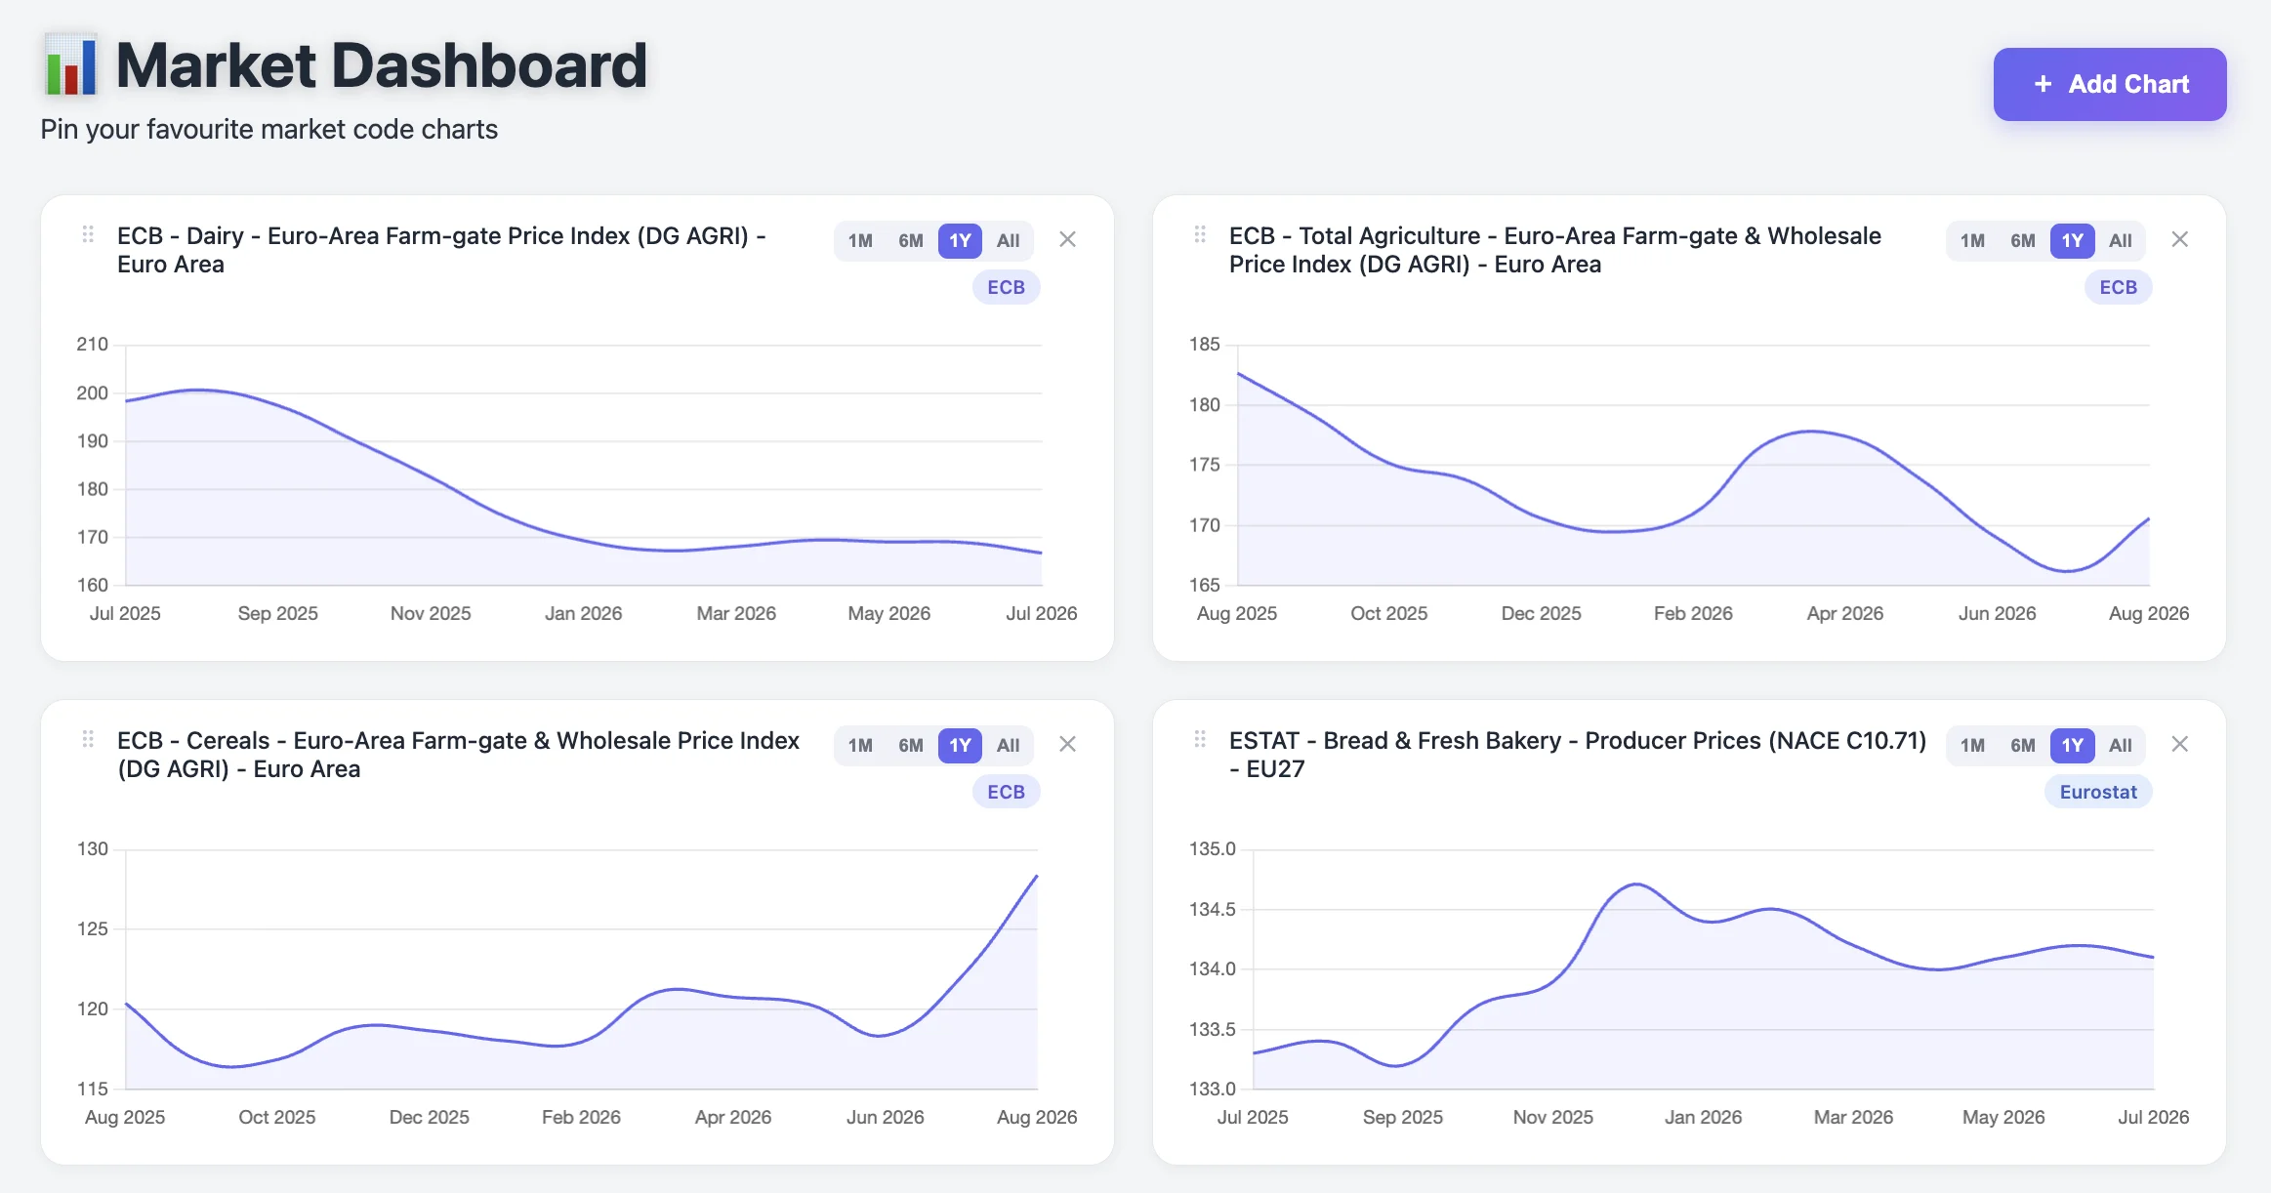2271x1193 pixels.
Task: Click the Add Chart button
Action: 2109,84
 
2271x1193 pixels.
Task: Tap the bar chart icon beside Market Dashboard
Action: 70,65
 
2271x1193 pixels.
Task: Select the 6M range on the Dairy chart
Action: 910,241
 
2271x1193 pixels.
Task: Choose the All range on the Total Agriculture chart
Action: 2120,241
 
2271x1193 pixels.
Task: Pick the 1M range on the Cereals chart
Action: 860,746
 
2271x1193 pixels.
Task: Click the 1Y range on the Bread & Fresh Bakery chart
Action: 2072,746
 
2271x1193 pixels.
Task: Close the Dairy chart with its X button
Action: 1067,239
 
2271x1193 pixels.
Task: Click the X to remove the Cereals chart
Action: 1067,744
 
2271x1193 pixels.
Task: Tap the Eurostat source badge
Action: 2098,792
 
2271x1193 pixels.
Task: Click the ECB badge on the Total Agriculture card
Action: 2118,287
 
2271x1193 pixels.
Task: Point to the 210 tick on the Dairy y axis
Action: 93,345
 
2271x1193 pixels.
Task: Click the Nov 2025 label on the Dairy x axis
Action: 431,613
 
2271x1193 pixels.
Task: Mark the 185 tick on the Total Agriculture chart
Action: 1204,345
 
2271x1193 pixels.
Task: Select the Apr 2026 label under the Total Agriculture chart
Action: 1844,613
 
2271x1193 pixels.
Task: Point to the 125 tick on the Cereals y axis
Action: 93,928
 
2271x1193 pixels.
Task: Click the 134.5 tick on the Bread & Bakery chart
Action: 1212,909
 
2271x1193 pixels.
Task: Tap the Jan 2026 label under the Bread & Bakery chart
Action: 1703,1117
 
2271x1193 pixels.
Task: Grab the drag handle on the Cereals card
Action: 88,739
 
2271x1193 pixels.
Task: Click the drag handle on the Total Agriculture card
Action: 1200,234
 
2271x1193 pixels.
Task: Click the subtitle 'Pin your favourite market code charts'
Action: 269,129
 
